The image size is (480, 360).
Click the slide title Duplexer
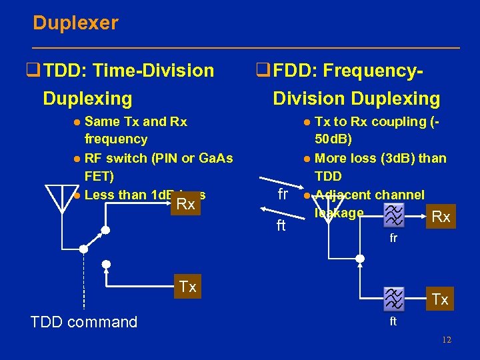point(75,23)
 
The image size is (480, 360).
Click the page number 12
point(446,340)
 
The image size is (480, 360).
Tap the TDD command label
point(84,322)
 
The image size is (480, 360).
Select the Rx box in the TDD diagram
point(185,205)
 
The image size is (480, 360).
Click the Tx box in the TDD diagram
point(187,287)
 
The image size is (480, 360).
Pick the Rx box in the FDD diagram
point(441,217)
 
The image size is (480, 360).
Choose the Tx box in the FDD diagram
point(440,299)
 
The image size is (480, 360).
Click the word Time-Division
point(154,70)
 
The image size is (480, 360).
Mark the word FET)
point(100,176)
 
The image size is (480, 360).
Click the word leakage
point(339,213)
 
